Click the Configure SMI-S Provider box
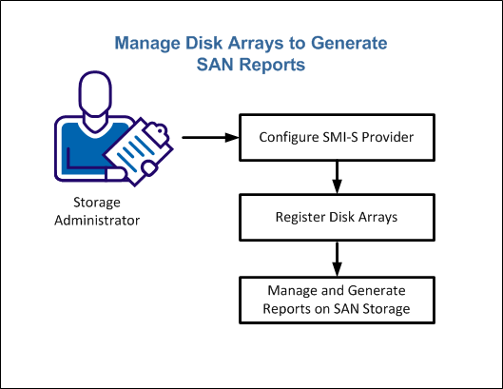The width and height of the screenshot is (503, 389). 335,137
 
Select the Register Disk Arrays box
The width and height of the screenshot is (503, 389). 335,217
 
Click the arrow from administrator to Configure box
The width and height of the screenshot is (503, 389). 208,137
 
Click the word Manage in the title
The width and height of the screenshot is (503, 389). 142,45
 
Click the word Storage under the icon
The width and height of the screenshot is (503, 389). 97,203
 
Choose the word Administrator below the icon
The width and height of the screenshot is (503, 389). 97,221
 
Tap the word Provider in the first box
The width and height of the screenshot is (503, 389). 386,137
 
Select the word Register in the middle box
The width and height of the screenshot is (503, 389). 300,217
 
